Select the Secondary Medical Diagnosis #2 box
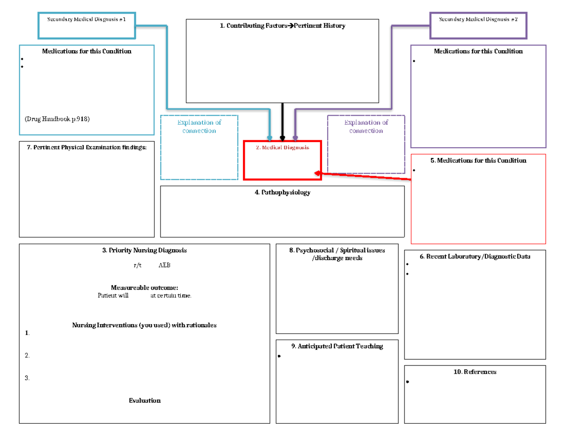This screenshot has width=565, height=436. pos(478,25)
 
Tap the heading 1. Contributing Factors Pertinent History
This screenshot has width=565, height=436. pos(282,26)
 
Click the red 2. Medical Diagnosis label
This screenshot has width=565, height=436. pos(282,147)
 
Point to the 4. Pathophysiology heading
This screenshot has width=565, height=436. pos(282,192)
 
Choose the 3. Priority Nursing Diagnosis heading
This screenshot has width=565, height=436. pos(144,250)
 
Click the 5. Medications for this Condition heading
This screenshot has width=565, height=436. pos(478,160)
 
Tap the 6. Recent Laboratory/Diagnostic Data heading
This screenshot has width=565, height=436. pos(475,256)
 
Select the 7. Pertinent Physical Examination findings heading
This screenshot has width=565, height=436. pos(87,147)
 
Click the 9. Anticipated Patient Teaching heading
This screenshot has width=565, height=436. pos(337,346)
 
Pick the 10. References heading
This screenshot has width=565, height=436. pos(475,372)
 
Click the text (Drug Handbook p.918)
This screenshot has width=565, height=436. pos(57,119)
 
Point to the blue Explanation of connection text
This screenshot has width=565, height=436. pos(199,127)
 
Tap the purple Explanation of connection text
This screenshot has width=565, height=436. pos(366,127)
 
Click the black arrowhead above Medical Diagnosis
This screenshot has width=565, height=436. pos(282,138)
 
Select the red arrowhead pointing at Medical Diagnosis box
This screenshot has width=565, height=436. pos(318,173)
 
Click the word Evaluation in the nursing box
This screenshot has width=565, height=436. pos(145,400)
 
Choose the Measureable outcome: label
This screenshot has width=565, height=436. pos(144,287)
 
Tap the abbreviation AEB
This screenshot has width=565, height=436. pos(164,265)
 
